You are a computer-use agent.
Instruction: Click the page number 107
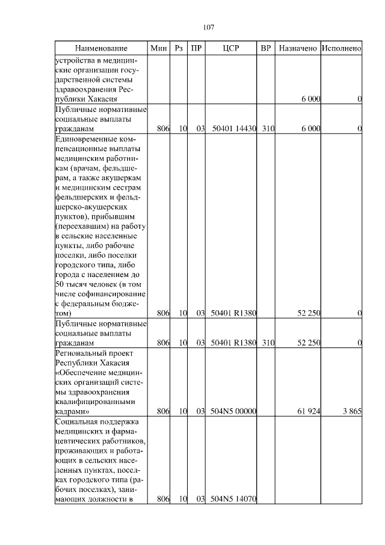click(x=209, y=27)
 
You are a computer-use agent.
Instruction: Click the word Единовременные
click(x=85, y=140)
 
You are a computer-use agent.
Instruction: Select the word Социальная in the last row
click(x=76, y=423)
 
